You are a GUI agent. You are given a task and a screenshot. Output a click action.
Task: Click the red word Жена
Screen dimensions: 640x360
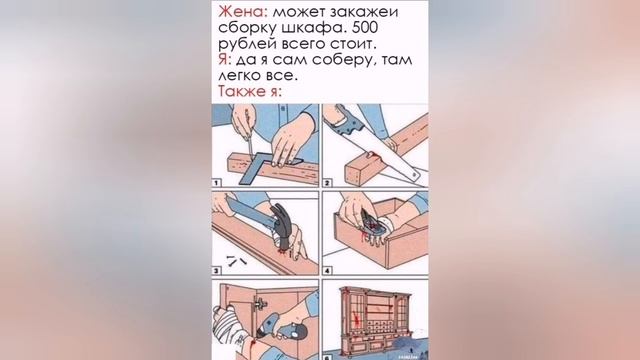coord(243,12)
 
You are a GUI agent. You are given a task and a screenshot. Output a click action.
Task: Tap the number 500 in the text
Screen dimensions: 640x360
coord(364,28)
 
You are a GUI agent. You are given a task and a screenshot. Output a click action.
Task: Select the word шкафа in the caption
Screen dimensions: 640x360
coord(313,29)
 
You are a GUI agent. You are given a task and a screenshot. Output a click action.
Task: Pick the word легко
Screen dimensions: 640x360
coord(239,76)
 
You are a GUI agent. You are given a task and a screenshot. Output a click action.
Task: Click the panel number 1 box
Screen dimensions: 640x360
coord(216,182)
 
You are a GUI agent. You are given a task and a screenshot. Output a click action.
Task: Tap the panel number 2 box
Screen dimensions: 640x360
coord(327,182)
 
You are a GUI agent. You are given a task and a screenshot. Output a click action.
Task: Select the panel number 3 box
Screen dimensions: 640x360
coord(217,270)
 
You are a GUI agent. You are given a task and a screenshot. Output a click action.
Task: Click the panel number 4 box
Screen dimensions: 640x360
coord(327,270)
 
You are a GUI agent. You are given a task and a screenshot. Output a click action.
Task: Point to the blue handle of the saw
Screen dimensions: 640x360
coord(350,121)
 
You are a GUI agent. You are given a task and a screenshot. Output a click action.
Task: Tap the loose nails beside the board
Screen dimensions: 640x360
coord(236,260)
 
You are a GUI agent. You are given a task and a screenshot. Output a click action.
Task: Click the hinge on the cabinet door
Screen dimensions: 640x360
coord(259,303)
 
